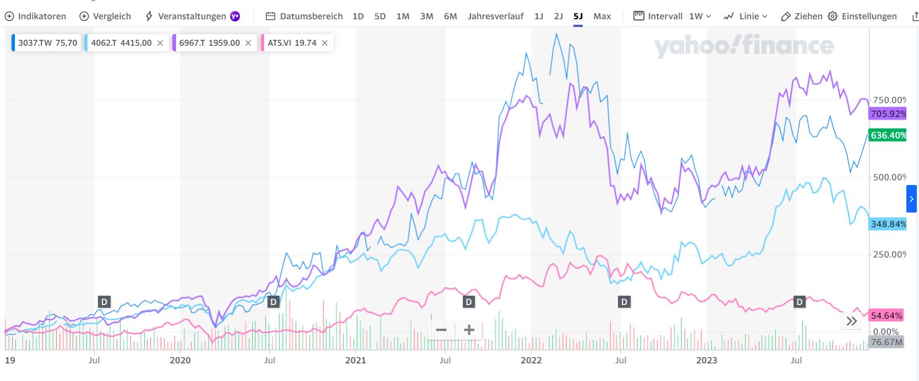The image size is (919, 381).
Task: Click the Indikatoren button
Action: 35,16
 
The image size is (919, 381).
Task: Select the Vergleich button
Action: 105,16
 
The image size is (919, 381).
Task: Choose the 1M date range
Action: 403,16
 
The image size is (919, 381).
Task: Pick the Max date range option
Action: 602,16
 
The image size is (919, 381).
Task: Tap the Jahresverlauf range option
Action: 495,16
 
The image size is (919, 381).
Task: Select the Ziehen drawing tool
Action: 802,16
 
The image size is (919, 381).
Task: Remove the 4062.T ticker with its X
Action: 160,42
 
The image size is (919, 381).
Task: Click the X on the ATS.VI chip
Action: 325,42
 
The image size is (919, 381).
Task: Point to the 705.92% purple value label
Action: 888,114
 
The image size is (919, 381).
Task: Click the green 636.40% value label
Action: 888,135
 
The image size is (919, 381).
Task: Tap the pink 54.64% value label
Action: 887,315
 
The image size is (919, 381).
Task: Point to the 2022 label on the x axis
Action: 531,360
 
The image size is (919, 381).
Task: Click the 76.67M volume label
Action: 887,342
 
